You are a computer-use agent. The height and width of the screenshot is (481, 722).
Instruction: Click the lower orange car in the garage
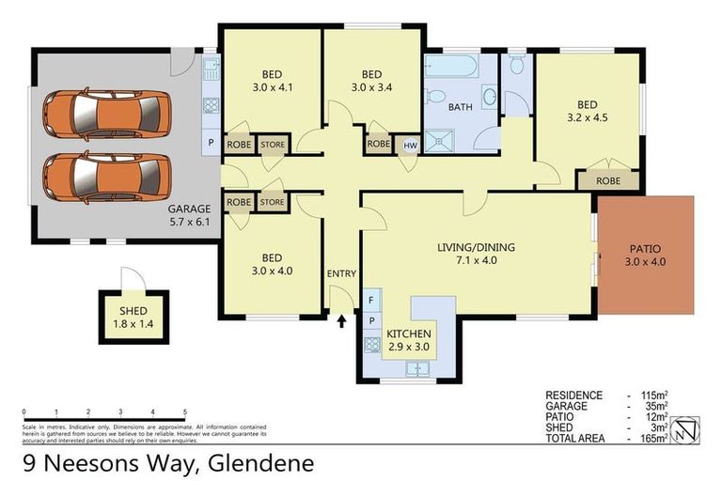106,177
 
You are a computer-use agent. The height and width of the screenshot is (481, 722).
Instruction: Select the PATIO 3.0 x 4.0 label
646,256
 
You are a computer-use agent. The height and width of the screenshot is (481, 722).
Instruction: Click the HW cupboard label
410,145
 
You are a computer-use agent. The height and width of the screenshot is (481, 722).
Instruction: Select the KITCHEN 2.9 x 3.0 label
408,340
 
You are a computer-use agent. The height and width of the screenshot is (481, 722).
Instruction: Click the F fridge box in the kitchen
371,301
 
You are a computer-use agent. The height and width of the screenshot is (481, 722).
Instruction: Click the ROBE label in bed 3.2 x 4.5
608,179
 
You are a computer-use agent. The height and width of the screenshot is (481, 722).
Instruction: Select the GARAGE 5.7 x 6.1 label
189,215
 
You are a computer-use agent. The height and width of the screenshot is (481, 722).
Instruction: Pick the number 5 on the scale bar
184,412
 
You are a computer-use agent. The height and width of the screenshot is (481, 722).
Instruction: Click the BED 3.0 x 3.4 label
372,82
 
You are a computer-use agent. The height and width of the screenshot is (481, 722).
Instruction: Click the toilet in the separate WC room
516,66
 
